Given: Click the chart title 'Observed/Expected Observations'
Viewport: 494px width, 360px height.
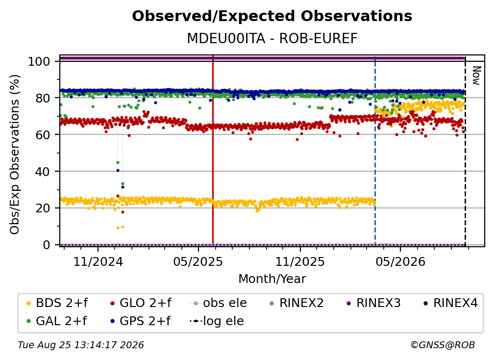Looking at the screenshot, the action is point(272,16).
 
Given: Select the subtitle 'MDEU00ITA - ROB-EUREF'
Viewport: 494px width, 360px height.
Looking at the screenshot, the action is point(272,39).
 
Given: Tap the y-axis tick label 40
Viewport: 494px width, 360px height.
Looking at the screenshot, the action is point(43,172).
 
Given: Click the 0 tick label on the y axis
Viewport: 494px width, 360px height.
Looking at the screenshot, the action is point(47,245).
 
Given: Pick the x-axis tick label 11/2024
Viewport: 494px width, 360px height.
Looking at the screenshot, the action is point(98,262).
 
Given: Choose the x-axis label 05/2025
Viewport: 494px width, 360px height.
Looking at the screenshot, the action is point(198,262).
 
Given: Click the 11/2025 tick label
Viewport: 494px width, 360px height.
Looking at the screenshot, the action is point(300,262).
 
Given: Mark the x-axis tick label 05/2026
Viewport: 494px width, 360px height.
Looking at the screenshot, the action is point(400,262).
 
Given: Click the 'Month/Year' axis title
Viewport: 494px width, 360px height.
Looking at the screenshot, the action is point(272,279).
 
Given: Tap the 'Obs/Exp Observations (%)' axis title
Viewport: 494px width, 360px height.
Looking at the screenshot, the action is point(15,154).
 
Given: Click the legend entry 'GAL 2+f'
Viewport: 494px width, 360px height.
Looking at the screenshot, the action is point(56,321).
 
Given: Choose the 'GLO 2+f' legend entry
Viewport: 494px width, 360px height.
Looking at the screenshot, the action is point(141,303).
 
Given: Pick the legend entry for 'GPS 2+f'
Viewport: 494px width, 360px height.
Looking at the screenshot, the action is point(140,321).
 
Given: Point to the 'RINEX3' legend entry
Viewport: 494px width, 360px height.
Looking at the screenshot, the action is point(373,303).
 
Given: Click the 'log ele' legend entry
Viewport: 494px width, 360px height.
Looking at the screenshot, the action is point(217,321).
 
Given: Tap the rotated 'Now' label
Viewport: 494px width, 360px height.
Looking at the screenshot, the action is point(476,76).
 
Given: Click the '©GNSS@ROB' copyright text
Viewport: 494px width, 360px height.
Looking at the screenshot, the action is point(443,345).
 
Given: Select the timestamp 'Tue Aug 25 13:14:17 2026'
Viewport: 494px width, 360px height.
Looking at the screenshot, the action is point(81,345).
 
